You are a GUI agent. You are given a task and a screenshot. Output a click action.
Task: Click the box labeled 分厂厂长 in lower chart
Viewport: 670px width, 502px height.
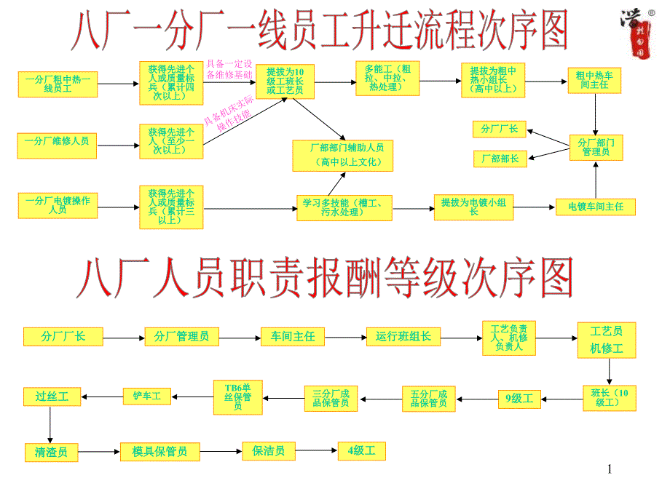64,337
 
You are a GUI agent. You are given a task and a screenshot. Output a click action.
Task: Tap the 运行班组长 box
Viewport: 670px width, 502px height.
403,337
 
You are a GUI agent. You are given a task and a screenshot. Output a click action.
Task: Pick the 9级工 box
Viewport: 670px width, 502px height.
519,398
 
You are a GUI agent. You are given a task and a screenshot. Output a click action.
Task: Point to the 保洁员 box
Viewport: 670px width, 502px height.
268,452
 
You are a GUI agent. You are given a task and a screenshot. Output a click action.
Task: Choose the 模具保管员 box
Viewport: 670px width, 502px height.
159,452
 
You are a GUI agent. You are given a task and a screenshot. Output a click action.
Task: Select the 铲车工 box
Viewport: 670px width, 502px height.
146,397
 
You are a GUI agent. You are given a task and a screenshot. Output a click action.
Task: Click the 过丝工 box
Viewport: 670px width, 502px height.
51,397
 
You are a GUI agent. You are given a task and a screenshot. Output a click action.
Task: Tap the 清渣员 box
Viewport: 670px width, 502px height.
51,453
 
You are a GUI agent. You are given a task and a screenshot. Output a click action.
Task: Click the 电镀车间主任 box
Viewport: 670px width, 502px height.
595,207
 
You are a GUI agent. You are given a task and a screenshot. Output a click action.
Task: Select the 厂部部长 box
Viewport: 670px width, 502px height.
499,158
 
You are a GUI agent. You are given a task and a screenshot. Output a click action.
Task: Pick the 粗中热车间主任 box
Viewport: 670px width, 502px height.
593,80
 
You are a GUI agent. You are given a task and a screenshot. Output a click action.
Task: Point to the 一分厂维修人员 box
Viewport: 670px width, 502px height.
57,141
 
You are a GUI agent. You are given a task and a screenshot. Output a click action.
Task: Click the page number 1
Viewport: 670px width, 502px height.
610,471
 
